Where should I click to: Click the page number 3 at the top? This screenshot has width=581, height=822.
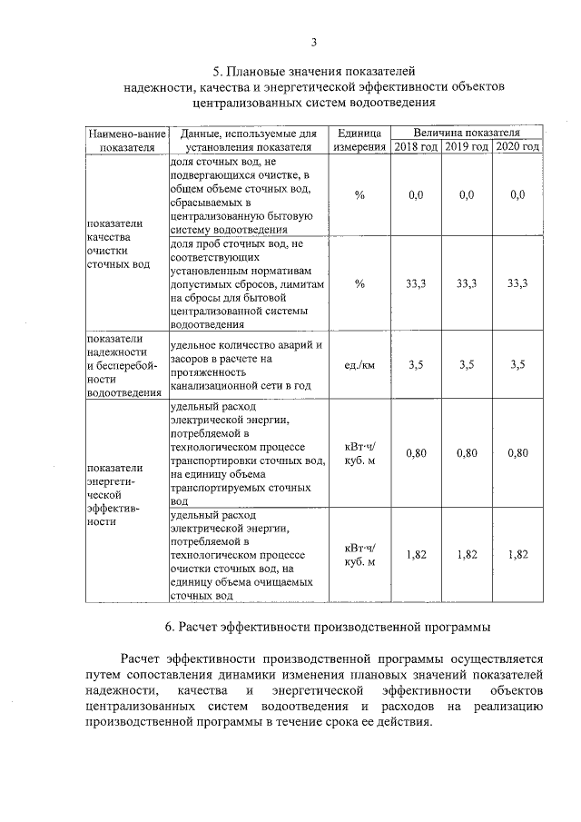pos(314,42)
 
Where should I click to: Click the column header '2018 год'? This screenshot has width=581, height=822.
pos(416,146)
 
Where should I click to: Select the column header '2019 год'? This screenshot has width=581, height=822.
pos(467,146)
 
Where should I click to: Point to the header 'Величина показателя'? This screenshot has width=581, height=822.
pos(467,133)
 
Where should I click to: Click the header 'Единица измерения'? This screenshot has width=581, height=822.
pos(359,139)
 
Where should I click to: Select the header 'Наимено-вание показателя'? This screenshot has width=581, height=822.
pos(126,139)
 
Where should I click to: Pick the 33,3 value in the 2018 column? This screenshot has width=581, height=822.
pos(416,284)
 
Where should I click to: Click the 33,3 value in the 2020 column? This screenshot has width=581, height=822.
pos(518,284)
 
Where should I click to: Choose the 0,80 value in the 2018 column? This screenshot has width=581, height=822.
pos(416,452)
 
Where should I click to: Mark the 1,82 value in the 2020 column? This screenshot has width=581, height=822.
pos(518,554)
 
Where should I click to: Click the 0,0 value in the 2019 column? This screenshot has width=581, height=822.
pos(467,195)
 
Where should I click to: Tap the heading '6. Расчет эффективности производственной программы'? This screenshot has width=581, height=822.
pos(328,627)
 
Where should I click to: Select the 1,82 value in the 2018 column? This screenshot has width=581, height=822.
pos(416,554)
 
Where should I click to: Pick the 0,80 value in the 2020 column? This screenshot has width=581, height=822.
pos(518,452)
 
